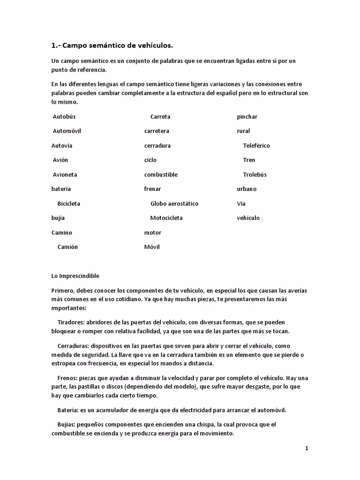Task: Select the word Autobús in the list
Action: pos(64,117)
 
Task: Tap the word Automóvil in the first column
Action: pos(67,131)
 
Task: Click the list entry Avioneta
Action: pos(65,175)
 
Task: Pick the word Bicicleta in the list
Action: pos(69,204)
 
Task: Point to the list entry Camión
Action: pos(67,247)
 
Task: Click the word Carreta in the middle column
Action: pos(160,117)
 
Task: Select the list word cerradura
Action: pos(157,146)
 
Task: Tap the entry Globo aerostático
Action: pos(174,204)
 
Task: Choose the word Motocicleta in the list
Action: pos(166,218)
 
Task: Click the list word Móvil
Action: pos(152,247)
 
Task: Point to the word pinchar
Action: pos(247,117)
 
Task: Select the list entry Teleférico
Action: pos(256,146)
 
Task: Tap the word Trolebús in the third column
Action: pos(255,175)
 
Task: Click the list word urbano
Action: pos(247,189)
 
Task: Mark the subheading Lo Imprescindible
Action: pos(75,276)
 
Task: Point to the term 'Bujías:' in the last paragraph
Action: pos(67,425)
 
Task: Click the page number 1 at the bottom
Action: pos(307,449)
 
